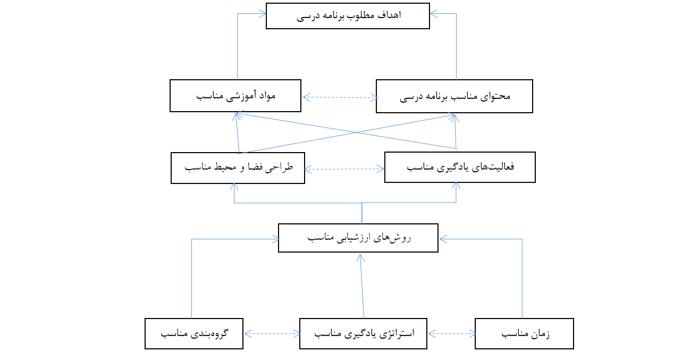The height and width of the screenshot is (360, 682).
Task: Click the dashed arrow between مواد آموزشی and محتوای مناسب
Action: (340, 97)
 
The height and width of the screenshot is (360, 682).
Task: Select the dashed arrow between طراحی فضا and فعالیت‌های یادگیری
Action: (344, 169)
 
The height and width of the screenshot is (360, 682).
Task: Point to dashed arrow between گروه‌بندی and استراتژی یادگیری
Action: (272, 334)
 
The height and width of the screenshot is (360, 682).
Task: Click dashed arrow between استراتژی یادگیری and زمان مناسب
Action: (452, 334)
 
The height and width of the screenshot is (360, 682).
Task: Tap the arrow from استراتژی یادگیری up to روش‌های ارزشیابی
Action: (362, 286)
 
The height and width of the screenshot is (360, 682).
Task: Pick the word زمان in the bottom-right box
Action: (541, 334)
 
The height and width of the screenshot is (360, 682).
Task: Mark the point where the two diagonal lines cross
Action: (356, 132)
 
